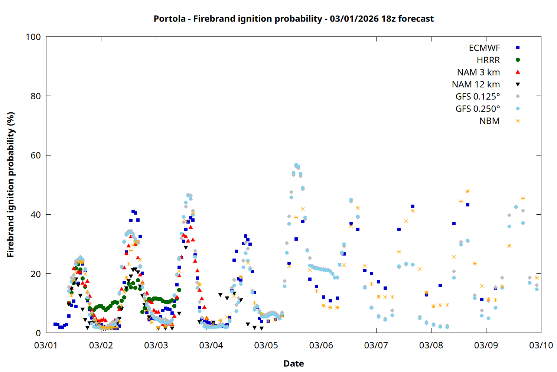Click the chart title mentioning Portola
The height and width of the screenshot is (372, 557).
(x=293, y=19)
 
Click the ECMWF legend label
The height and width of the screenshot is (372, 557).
(x=484, y=48)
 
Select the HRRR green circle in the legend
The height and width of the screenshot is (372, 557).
(x=518, y=60)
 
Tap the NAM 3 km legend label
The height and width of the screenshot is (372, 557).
(x=478, y=72)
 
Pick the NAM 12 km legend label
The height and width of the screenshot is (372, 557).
(x=476, y=84)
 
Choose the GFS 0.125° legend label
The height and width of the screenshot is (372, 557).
(x=478, y=97)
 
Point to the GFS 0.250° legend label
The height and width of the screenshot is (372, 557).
(x=478, y=109)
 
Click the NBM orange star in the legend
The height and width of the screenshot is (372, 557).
(x=518, y=121)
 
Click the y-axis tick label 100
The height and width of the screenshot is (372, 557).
(x=33, y=37)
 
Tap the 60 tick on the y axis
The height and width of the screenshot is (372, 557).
(x=36, y=155)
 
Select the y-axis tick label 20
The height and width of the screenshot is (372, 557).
(x=36, y=274)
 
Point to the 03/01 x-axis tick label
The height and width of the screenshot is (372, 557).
(x=46, y=345)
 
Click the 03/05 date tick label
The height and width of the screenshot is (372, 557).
(x=266, y=345)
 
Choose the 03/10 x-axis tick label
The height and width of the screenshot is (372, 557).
(x=541, y=345)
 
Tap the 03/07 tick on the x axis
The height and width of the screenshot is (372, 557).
(x=376, y=345)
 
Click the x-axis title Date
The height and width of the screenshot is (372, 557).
(x=293, y=363)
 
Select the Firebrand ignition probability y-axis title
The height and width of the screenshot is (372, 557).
(x=11, y=185)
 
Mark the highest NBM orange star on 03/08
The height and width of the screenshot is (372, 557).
(x=468, y=192)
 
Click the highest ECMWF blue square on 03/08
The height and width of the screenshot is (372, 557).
(x=468, y=205)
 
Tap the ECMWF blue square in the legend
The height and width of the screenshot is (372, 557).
(x=518, y=48)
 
